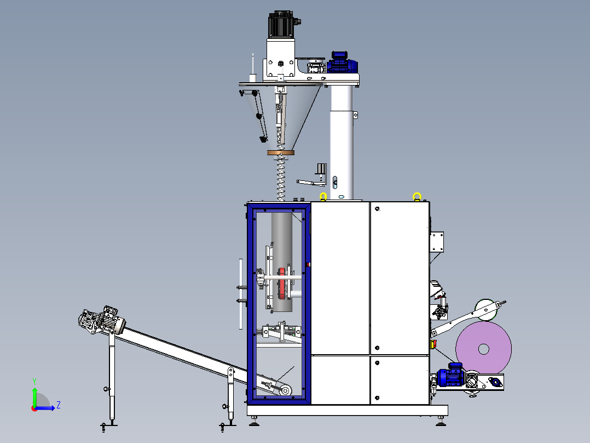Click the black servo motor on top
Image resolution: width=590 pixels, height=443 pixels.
(281, 25)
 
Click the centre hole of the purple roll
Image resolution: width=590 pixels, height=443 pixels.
(483, 349)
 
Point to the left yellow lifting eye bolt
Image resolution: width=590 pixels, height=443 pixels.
(323, 196)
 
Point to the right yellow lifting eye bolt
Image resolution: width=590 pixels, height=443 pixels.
(417, 196)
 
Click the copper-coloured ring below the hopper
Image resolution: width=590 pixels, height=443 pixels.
(281, 153)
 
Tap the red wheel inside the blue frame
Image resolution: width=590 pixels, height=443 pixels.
(282, 283)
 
